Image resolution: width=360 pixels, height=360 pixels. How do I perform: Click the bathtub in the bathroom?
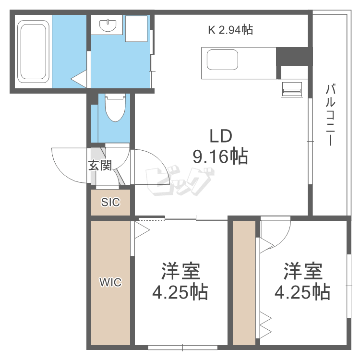[34, 51]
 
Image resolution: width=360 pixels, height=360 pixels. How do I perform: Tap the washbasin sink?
[108, 24]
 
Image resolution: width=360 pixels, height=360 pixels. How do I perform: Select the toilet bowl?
[115, 108]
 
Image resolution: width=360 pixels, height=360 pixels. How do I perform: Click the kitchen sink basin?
[222, 60]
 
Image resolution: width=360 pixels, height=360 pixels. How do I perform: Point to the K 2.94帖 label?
[230, 30]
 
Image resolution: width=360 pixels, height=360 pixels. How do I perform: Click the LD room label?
[221, 136]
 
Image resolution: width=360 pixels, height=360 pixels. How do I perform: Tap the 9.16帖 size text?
[220, 156]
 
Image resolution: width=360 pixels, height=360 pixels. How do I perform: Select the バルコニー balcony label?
[330, 115]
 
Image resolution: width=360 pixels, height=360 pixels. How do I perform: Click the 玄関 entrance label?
[100, 165]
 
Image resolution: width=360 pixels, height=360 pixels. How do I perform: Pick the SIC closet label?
[110, 202]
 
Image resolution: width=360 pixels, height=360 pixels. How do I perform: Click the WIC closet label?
[110, 282]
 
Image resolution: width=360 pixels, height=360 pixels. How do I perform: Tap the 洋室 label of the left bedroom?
[180, 271]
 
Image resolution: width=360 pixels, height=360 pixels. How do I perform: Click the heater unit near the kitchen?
[292, 90]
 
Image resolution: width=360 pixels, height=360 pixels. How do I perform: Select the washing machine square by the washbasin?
[136, 29]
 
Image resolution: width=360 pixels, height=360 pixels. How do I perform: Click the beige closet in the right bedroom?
[244, 282]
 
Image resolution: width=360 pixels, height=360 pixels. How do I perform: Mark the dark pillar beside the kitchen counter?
[292, 56]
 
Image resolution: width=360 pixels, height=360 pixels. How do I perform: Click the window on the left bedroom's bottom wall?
[182, 348]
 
